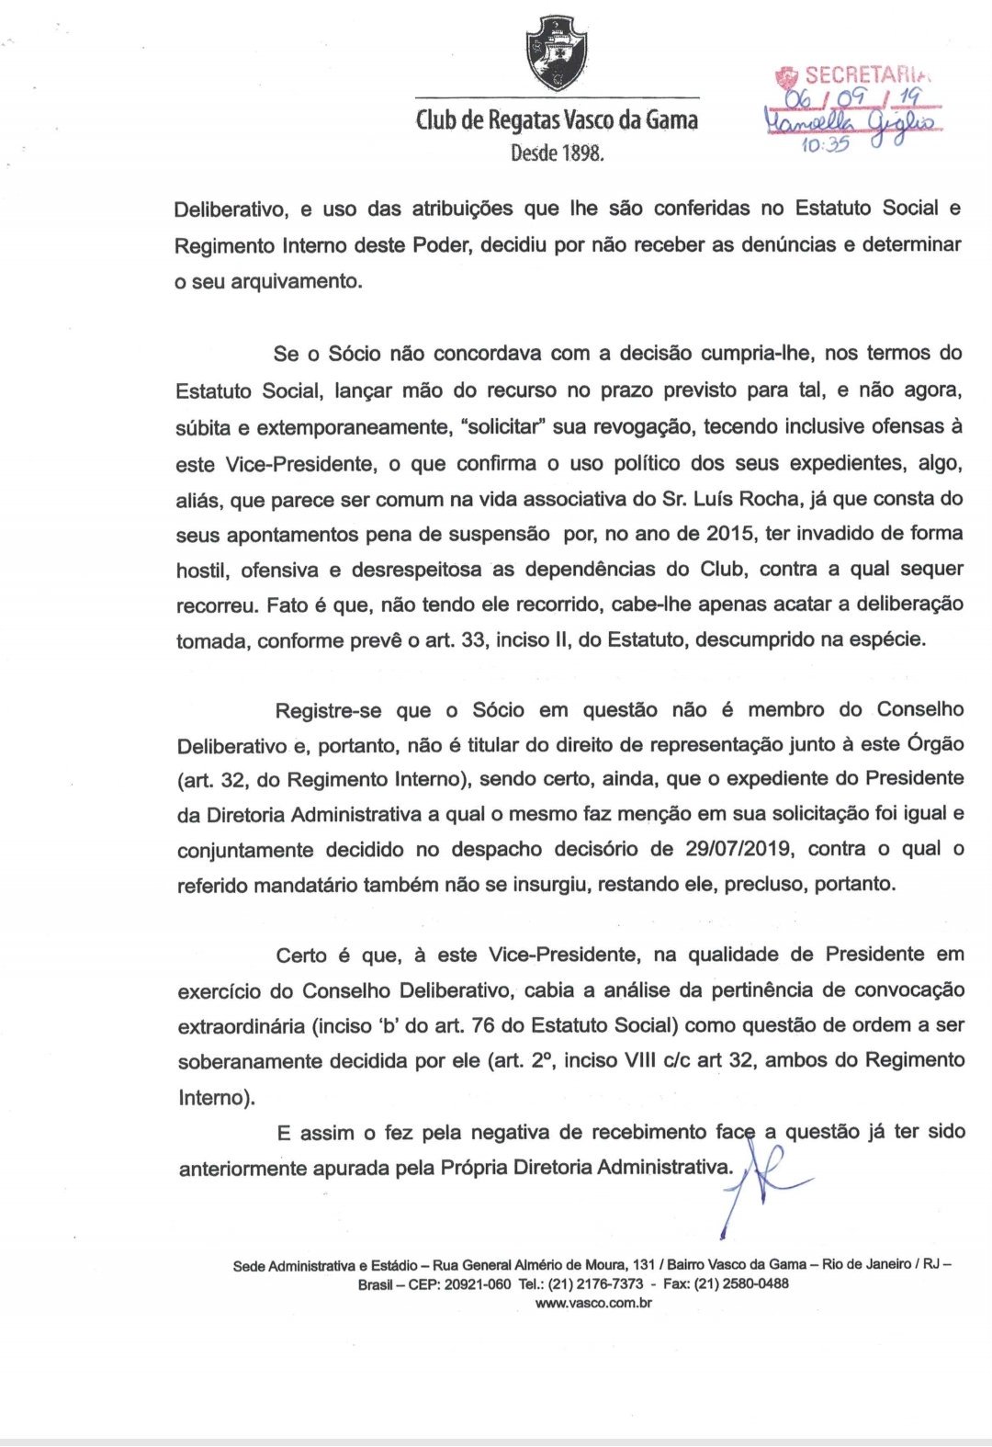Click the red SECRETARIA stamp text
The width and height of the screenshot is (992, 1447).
855,75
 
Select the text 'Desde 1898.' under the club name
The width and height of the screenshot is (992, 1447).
558,153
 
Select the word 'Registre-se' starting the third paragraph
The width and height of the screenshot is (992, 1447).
330,709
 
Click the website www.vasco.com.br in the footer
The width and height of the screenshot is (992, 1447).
592,1303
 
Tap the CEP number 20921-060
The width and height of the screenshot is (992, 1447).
477,1284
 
